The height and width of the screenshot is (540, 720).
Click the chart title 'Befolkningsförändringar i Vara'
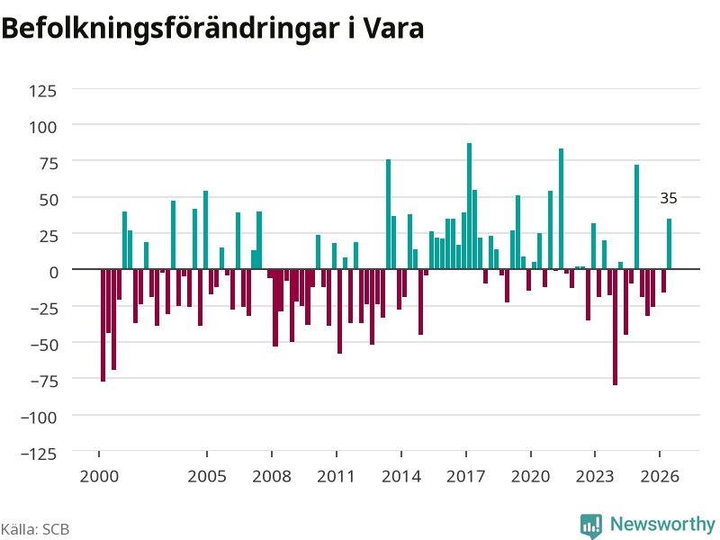[212, 29]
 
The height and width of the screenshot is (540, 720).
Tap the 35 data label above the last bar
[669, 198]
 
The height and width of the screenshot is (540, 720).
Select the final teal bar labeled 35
[669, 244]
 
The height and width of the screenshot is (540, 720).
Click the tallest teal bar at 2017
[469, 206]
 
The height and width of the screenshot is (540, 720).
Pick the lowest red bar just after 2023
[615, 327]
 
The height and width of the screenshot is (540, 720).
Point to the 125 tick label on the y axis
[42, 91]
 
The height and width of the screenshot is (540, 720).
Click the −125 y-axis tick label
[39, 454]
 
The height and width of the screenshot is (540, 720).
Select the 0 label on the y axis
[54, 273]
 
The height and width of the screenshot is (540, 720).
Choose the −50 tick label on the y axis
[43, 345]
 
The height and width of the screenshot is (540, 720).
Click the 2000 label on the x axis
[99, 476]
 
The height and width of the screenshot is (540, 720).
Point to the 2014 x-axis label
[401, 476]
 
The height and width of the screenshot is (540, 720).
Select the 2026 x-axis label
[660, 476]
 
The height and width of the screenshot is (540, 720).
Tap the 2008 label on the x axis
[272, 476]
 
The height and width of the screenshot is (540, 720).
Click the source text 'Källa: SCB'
[35, 529]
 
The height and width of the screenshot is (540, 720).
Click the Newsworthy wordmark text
[662, 524]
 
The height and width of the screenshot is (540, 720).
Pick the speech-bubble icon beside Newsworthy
[591, 526]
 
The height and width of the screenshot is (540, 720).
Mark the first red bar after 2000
[103, 325]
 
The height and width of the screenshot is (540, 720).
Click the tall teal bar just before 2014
[389, 214]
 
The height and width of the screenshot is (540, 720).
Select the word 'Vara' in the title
[394, 29]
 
